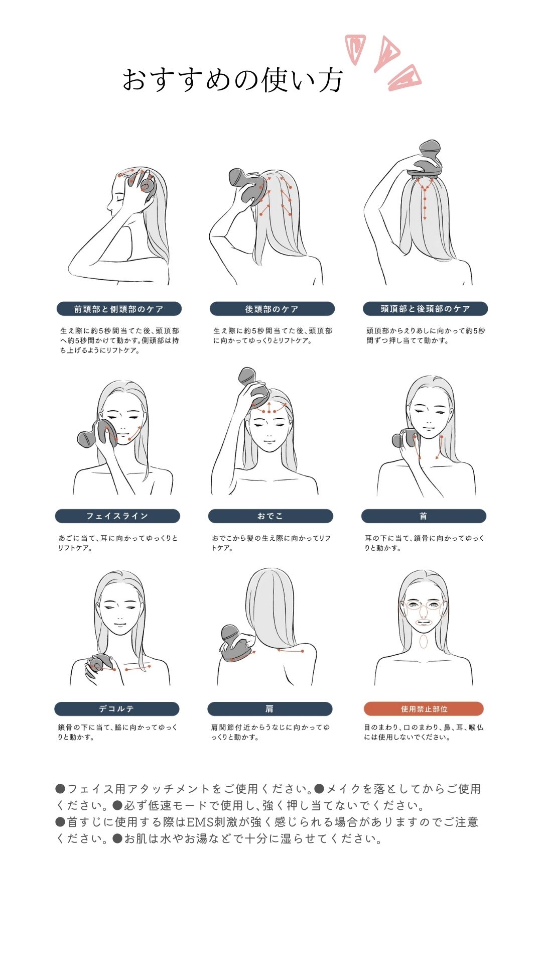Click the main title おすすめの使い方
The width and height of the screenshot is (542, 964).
pyautogui.click(x=233, y=80)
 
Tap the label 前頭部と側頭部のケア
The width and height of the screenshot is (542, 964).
pyautogui.click(x=119, y=309)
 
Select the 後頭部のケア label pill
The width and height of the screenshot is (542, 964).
pyautogui.click(x=272, y=309)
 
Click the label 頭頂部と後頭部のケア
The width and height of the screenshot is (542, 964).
pyautogui.click(x=425, y=309)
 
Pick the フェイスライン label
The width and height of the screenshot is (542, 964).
pyautogui.click(x=117, y=516)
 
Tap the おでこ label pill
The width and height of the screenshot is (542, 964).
pyautogui.click(x=270, y=516)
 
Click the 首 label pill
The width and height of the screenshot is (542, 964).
pyautogui.click(x=424, y=516)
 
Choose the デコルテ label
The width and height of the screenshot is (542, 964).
pyautogui.click(x=117, y=709)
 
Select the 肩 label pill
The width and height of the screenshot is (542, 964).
pyautogui.click(x=270, y=709)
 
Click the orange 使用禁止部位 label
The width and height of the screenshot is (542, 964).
pyautogui.click(x=424, y=709)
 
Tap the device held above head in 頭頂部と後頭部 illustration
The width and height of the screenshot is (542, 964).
pyautogui.click(x=427, y=158)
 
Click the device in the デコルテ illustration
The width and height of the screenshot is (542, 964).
pyautogui.click(x=100, y=663)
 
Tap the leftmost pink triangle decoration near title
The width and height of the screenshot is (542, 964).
pyautogui.click(x=355, y=49)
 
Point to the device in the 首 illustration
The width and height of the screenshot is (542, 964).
pyautogui.click(x=405, y=438)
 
